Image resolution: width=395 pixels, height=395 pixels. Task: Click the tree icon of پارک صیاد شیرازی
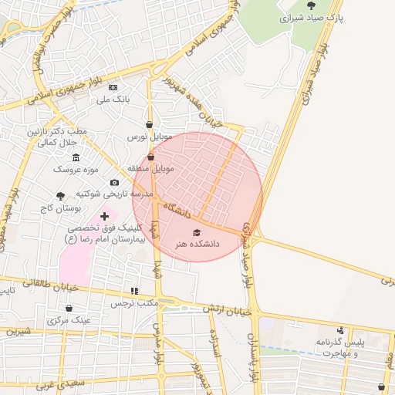(333, 5)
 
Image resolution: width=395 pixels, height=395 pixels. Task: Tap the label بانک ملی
(113, 100)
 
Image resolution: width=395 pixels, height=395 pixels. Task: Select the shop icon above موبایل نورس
(149, 124)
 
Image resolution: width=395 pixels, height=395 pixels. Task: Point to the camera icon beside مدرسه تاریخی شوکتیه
(114, 183)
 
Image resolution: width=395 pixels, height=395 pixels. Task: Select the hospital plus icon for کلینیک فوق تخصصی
(105, 217)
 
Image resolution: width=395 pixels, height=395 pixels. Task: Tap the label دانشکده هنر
(196, 244)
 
